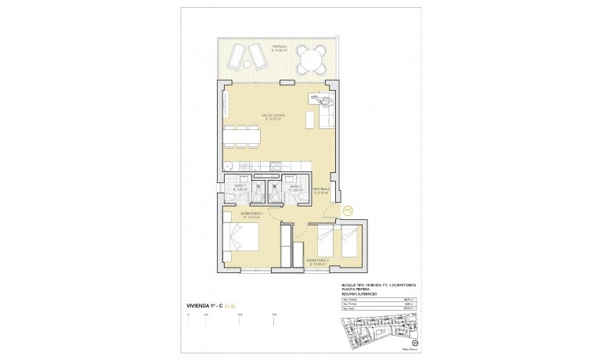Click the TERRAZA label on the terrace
coord(279,48)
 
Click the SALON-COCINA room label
coord(273,116)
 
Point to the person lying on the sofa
coord(323,99)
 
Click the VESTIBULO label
coord(322,189)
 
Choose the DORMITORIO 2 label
coord(316,261)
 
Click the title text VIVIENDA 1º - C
coord(200,293)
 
